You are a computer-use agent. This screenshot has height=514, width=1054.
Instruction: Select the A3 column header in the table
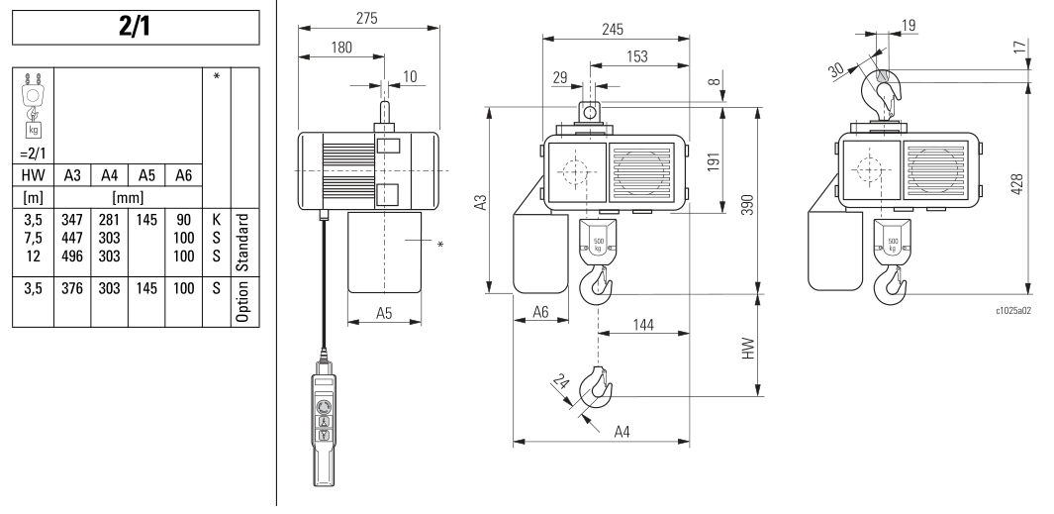71,174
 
